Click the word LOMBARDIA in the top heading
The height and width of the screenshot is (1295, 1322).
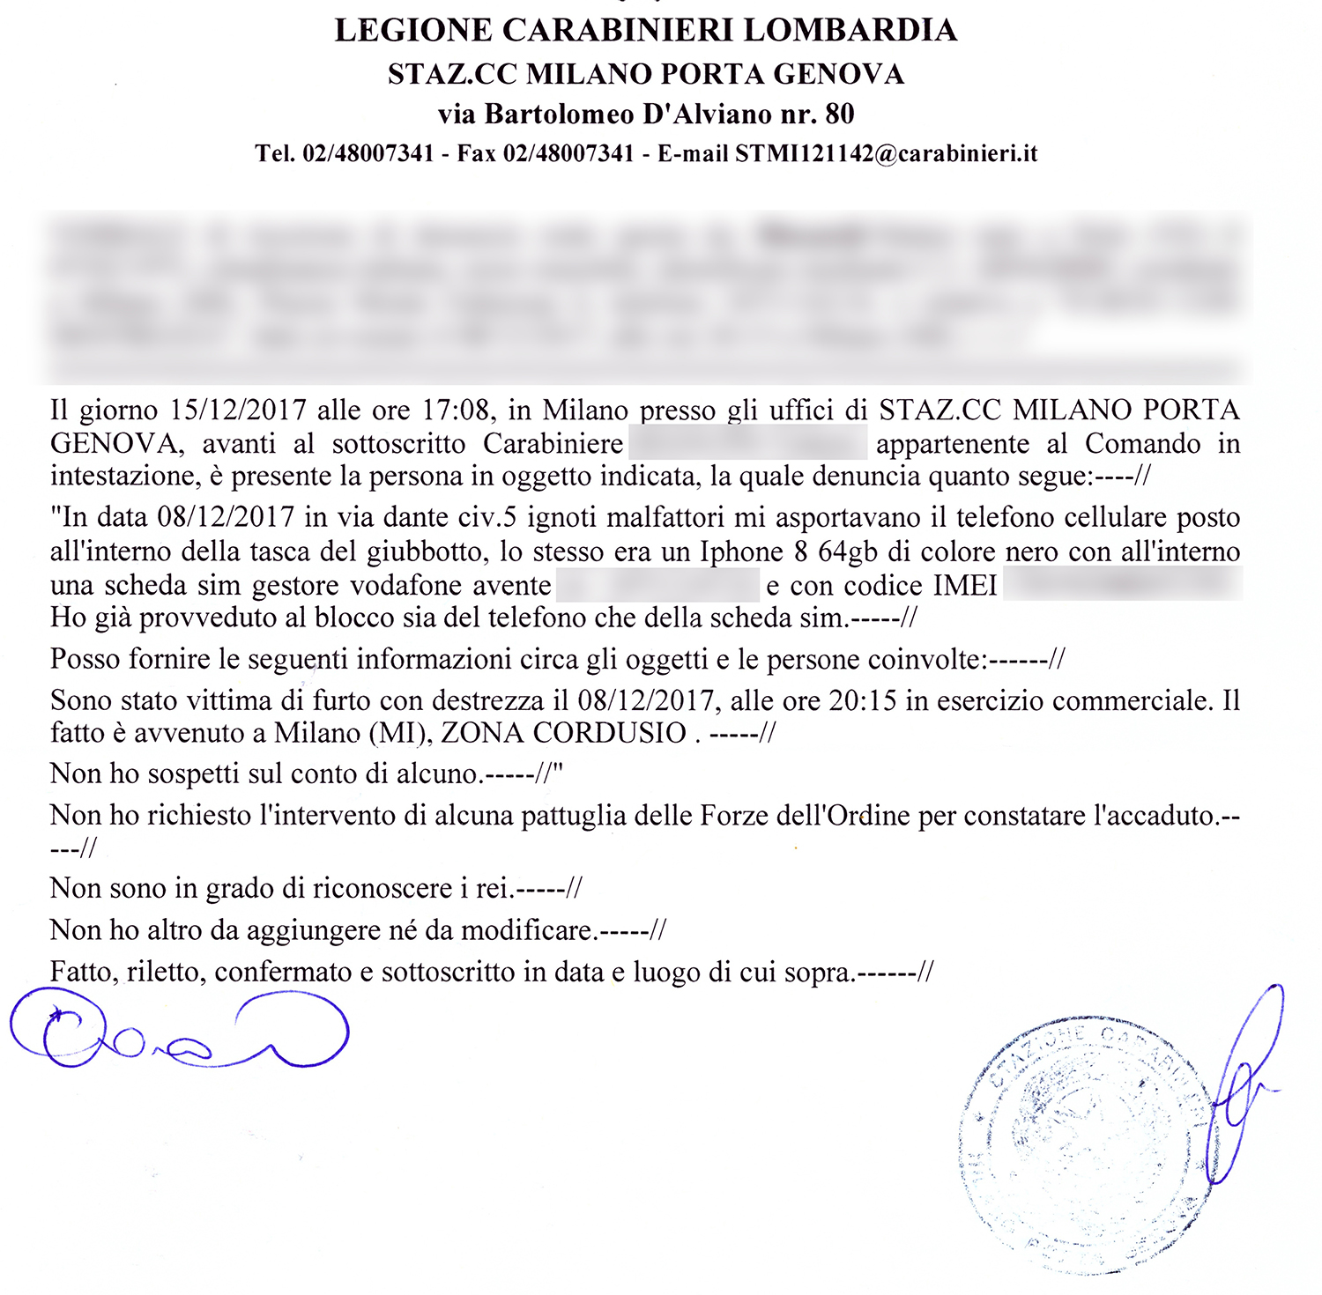[850, 31]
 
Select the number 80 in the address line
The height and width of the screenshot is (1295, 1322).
[839, 115]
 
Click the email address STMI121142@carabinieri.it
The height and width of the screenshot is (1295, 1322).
[886, 154]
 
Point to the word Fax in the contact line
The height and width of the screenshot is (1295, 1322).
[476, 154]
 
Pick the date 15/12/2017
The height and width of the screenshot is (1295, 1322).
[238, 411]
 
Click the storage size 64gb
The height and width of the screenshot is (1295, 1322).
[848, 552]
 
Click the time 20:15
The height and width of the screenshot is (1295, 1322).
[863, 701]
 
